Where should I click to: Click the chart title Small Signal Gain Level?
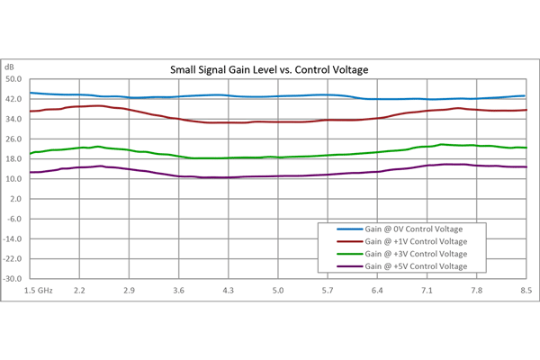[x=271, y=69]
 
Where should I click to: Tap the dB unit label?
[x=11, y=67]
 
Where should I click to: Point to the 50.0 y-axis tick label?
[x=13, y=79]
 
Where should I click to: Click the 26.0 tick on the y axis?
[x=13, y=139]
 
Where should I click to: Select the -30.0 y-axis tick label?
[x=13, y=278]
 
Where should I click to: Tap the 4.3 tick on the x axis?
[x=229, y=291]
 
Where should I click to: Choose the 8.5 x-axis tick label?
[x=526, y=291]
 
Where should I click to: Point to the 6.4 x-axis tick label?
[x=377, y=291]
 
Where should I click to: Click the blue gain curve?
[x=180, y=96]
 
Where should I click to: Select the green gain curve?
[x=180, y=157]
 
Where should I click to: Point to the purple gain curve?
[x=180, y=175]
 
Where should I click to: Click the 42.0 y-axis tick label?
[x=13, y=99]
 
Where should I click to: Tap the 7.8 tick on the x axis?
[x=476, y=291]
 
